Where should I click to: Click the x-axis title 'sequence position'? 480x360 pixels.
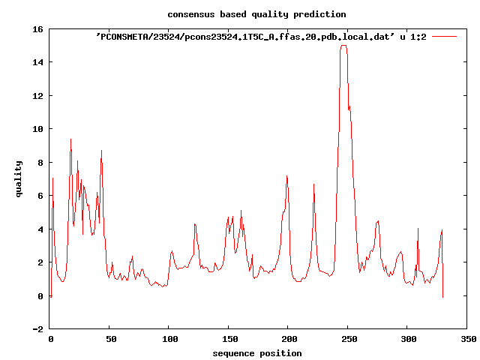coord(256,353)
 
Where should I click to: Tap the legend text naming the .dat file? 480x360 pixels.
coord(261,36)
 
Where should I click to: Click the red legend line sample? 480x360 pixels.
coord(444,36)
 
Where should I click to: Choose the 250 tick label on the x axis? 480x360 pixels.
coord(348,340)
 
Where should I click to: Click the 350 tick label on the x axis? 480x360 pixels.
coord(467,340)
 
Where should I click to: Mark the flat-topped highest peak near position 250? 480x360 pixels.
coord(343,46)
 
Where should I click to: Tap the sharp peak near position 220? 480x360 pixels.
coord(313,184)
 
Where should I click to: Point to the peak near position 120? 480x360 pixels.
coord(194,223)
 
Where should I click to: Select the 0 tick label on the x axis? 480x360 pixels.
coord(50,340)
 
